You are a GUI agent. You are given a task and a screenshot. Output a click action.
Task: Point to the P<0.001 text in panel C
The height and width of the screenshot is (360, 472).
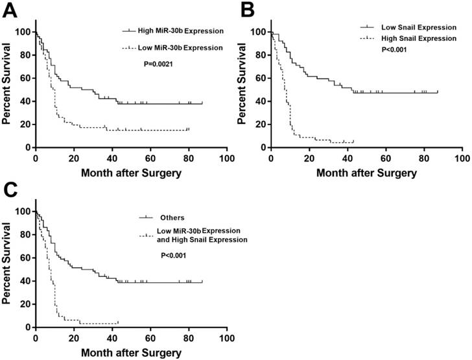click(x=174, y=256)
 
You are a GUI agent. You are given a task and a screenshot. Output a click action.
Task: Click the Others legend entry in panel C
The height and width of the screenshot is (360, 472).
click(x=169, y=217)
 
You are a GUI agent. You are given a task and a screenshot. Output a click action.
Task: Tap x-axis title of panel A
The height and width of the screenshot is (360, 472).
click(x=130, y=173)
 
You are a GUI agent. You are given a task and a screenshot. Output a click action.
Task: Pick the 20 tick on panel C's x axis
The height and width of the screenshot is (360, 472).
click(x=73, y=338)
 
